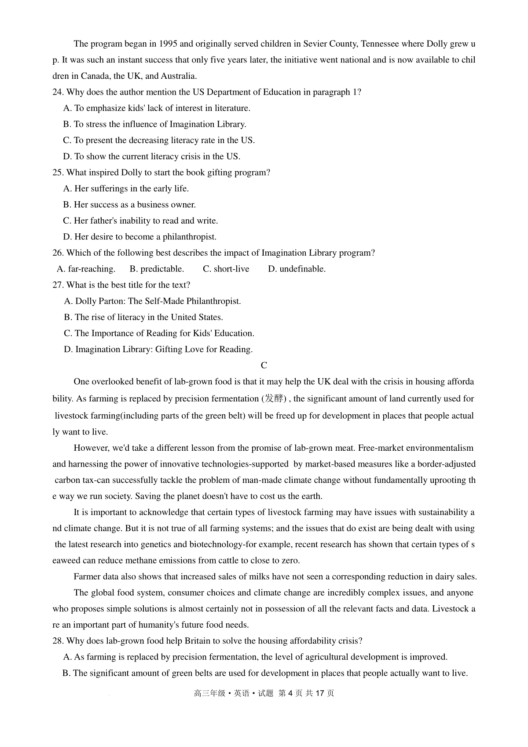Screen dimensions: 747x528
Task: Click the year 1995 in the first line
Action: (x=169, y=44)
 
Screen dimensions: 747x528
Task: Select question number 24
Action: (x=58, y=92)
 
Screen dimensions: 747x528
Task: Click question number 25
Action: (x=58, y=173)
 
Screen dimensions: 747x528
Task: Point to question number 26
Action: (x=58, y=253)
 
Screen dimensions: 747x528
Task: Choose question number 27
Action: (x=58, y=285)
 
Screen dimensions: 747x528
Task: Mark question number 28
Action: (x=58, y=641)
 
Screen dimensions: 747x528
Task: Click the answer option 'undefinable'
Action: (x=302, y=269)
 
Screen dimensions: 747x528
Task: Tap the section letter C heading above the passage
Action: (x=264, y=365)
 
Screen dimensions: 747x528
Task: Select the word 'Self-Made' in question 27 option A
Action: (x=164, y=302)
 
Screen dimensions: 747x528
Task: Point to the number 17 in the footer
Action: (x=320, y=693)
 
